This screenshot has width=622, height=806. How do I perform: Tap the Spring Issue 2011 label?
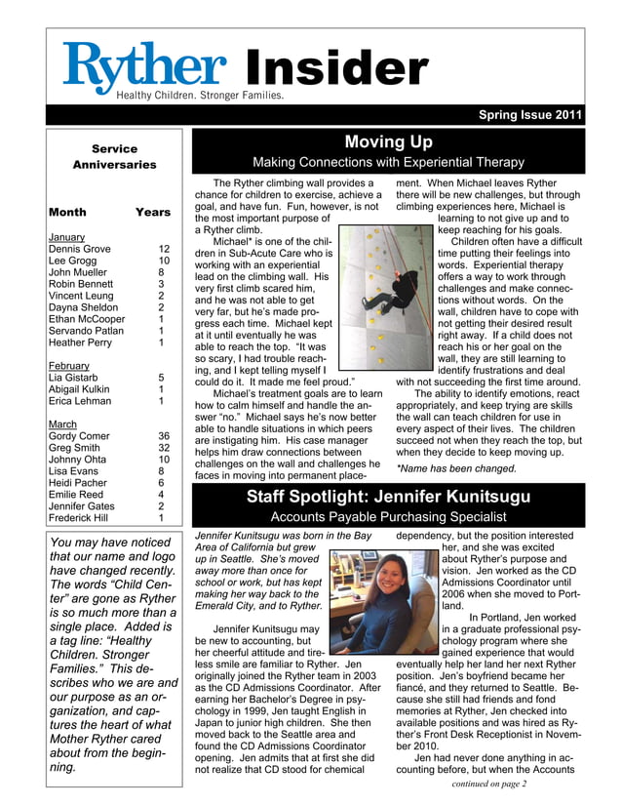pyautogui.click(x=530, y=115)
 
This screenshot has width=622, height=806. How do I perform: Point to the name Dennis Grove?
pyautogui.click(x=79, y=249)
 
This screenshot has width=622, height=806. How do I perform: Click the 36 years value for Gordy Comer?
pyautogui.click(x=164, y=436)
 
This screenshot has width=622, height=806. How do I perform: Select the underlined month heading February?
pyautogui.click(x=68, y=366)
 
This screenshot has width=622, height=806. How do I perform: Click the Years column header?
pyautogui.click(x=153, y=212)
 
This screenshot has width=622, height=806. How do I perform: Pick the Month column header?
pyautogui.click(x=66, y=212)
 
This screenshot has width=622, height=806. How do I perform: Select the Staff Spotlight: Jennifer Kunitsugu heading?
pyautogui.click(x=388, y=497)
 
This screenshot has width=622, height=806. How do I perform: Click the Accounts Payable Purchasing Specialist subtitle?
pyautogui.click(x=388, y=516)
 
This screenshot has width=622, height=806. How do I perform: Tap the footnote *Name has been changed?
pyautogui.click(x=456, y=468)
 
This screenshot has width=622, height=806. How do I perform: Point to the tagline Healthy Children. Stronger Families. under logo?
pyautogui.click(x=200, y=96)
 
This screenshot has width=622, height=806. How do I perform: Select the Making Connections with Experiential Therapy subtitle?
pyautogui.click(x=388, y=162)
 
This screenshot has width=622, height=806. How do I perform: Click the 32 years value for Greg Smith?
pyautogui.click(x=164, y=449)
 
